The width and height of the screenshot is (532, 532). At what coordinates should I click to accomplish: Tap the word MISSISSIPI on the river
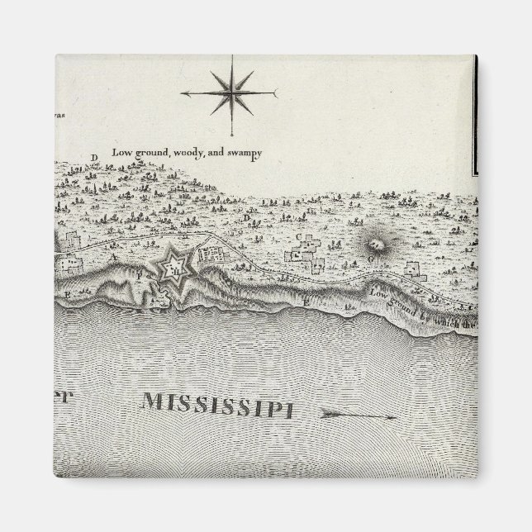pos(216,405)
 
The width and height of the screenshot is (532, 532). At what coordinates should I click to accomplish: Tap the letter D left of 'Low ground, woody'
pos(94,157)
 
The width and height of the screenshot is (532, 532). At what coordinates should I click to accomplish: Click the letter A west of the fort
pos(110,257)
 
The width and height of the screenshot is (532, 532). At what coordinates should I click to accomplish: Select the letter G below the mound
pos(371,259)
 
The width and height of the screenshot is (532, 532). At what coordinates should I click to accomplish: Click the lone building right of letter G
pos(413,269)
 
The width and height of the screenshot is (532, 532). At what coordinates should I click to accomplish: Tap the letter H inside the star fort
pos(173,265)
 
